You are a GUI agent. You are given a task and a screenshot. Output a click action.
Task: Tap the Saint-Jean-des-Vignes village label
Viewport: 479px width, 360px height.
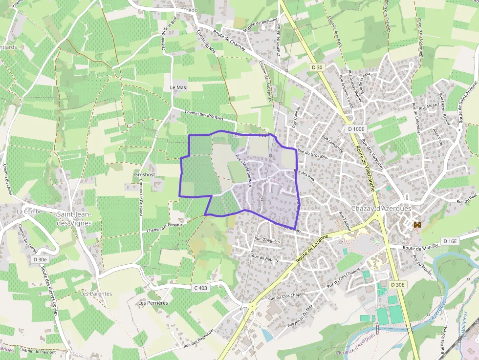[x=75, y=218]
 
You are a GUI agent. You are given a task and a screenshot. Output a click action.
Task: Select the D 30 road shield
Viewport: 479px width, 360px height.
[x=317, y=67]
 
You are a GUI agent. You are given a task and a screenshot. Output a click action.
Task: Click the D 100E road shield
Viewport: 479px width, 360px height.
[x=357, y=129]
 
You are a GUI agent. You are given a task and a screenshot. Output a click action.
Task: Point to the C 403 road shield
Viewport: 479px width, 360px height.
[x=200, y=288]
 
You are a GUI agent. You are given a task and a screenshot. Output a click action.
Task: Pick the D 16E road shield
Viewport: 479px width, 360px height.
[x=450, y=241]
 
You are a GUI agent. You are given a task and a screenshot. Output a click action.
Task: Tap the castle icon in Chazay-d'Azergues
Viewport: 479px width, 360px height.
[x=417, y=225]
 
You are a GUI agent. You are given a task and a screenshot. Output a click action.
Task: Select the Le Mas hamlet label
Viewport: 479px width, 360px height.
[x=178, y=87]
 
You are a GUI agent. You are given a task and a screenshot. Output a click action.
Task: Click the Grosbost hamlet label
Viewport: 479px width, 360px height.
[x=144, y=174]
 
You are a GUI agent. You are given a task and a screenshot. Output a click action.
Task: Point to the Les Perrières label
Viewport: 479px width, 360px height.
[x=153, y=303]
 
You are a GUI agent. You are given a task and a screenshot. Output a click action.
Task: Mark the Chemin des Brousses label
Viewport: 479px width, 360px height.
[x=204, y=115]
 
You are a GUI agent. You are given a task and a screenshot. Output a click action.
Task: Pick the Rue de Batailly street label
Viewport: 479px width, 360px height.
[x=265, y=259]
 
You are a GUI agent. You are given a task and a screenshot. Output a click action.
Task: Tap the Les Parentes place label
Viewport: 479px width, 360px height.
[x=96, y=294]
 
